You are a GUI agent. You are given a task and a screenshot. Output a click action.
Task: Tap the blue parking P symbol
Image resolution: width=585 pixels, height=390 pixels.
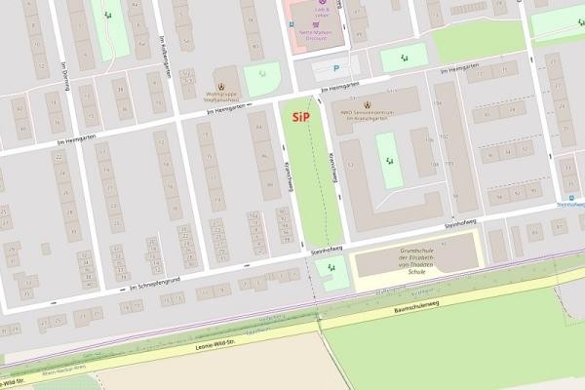click(337, 68)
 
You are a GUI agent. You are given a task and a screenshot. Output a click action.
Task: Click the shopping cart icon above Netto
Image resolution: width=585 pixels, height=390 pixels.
click(317, 19)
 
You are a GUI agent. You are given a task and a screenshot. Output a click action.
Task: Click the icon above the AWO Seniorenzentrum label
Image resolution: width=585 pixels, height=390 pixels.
click(367, 105)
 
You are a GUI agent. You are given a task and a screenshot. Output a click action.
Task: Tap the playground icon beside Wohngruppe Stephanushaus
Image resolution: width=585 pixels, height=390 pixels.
click(260, 77)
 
